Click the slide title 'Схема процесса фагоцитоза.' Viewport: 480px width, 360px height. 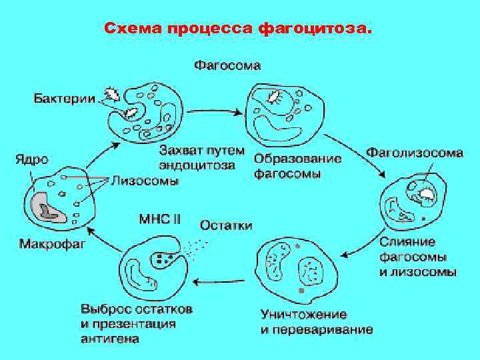(x=239, y=29)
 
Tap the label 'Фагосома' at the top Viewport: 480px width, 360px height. (x=227, y=65)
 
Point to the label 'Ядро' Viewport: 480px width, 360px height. (x=31, y=160)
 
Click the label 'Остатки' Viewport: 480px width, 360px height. (x=226, y=225)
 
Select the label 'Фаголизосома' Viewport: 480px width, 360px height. (x=414, y=153)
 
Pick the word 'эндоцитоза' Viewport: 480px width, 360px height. (x=197, y=165)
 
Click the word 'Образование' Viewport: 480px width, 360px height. (x=297, y=159)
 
